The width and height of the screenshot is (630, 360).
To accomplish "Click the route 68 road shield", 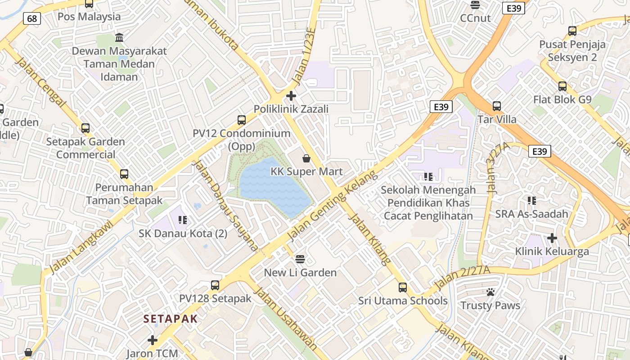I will point(32,18).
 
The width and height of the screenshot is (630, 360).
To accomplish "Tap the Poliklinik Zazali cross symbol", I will point(291,96).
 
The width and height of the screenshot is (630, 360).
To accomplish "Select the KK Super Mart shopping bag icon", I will point(306,158).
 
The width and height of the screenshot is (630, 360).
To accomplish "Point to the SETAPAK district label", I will point(171,319).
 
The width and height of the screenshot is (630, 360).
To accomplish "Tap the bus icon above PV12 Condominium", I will point(242,120).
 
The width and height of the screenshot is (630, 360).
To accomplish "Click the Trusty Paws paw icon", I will point(490,292).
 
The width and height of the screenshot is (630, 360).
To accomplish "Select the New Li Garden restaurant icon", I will point(300,259).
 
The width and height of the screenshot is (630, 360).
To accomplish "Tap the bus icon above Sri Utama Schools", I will point(403,287).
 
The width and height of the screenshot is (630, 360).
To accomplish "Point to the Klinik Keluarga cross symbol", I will point(552,238).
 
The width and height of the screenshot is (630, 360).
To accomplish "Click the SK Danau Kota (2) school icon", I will point(183,220).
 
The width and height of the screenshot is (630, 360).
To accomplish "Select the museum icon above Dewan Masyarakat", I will point(119,37).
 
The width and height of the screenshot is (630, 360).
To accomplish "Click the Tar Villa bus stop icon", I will point(497,106).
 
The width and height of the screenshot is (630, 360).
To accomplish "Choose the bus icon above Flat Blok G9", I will point(562,86).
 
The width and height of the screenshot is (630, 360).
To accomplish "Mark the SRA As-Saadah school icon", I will point(532,200).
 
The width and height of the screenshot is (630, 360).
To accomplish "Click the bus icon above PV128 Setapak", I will point(215,285).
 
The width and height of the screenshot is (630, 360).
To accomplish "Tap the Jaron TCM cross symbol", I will point(153,340).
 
